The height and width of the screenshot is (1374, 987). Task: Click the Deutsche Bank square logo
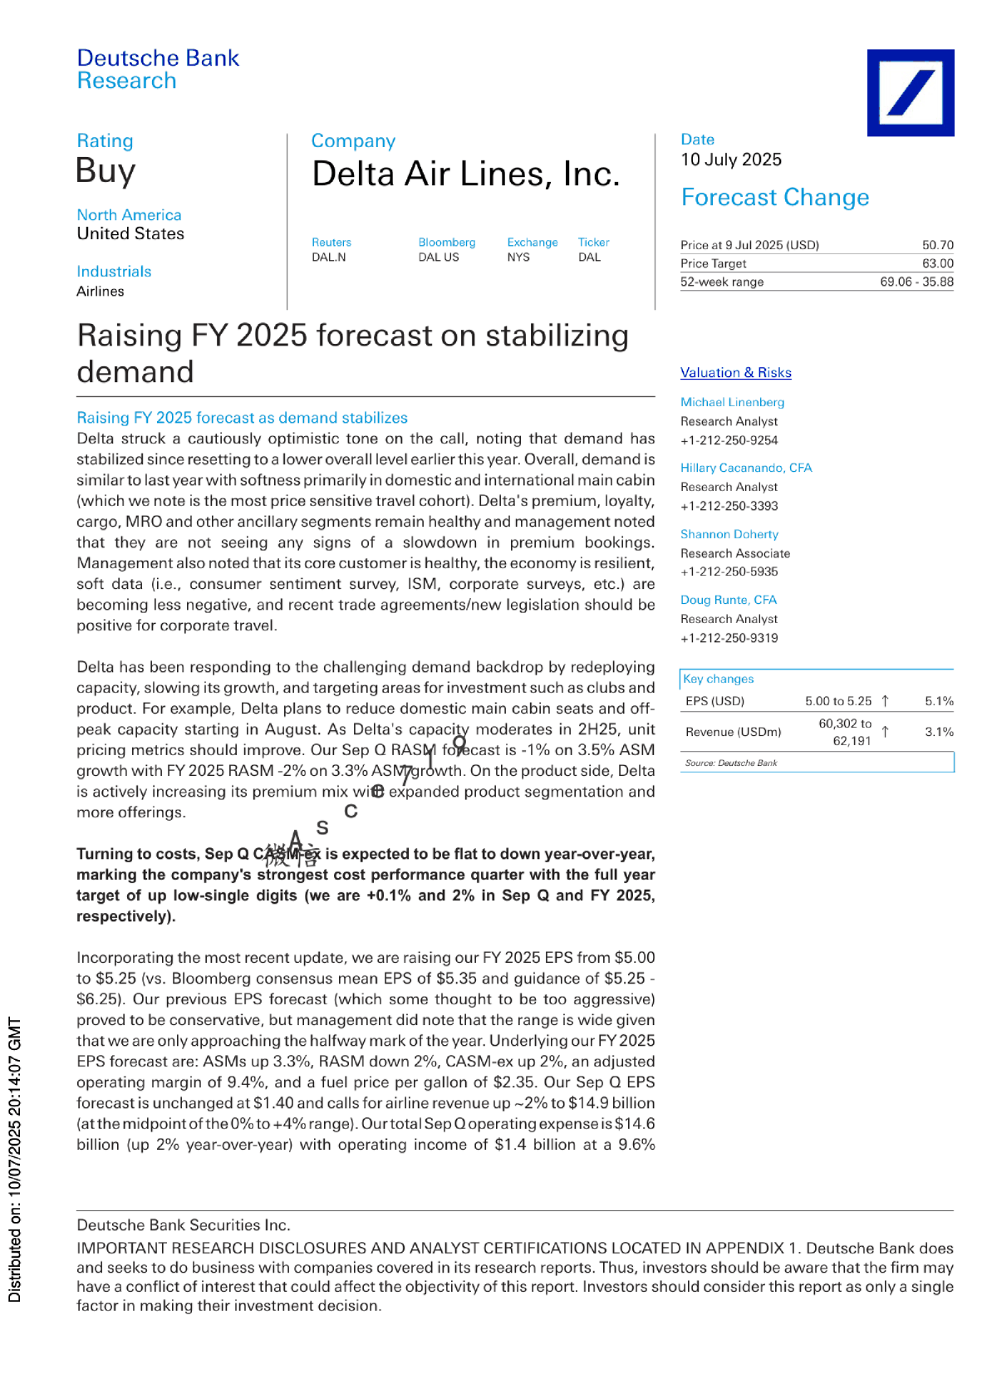click(910, 92)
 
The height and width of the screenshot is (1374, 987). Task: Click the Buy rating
click(106, 171)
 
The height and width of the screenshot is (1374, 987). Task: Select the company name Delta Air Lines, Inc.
click(465, 174)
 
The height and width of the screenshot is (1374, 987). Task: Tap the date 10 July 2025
click(731, 159)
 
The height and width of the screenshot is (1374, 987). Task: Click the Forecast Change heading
click(774, 198)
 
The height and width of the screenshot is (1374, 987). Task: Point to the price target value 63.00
click(937, 263)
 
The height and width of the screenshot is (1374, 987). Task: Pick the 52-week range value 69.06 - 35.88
click(916, 282)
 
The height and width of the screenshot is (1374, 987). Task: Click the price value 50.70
click(937, 245)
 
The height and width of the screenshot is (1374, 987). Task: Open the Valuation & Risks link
click(735, 373)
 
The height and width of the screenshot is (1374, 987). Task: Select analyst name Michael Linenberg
click(732, 402)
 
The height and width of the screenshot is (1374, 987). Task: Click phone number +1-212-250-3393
click(729, 506)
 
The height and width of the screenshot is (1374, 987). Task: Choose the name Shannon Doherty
click(729, 534)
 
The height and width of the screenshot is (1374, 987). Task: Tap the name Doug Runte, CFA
click(728, 600)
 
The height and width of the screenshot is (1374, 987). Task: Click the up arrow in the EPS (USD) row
click(885, 701)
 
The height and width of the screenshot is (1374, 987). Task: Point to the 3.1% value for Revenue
click(939, 732)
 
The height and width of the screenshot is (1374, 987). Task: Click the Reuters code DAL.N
click(329, 258)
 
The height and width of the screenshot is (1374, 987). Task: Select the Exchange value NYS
click(518, 258)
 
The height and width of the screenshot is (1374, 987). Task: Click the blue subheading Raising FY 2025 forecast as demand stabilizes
click(242, 418)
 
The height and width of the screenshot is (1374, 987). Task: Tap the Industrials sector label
click(114, 272)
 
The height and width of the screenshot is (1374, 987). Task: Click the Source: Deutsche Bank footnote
click(730, 763)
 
